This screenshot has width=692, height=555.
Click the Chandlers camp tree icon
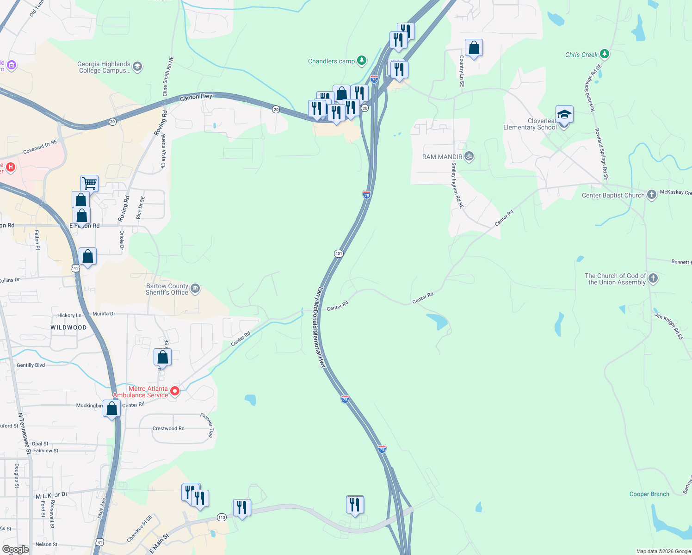pos(362,61)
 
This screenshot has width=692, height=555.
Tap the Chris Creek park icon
pos(604,54)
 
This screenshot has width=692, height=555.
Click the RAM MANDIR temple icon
pos(469,156)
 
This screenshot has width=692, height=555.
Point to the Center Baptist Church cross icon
pos(651,195)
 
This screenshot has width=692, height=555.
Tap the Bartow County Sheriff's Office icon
pos(195,289)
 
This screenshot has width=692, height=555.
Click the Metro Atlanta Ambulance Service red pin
pos(175,391)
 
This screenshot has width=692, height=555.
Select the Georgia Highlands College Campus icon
pos(137,67)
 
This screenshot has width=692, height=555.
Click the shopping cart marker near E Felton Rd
pos(89,183)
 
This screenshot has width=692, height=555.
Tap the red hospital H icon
pos(11,167)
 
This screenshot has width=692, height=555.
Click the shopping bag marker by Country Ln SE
pos(474,48)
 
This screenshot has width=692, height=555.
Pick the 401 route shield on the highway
pos(339,253)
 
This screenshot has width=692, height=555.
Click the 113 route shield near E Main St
pos(222,517)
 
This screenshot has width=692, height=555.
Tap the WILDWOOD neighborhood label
pos(68,327)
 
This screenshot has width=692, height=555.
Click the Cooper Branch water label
pos(649,494)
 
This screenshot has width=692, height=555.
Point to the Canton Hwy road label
pos(196,97)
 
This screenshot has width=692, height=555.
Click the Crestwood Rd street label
pos(168,428)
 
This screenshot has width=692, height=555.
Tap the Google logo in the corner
pos(15,549)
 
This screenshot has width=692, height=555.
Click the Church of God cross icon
pos(653,278)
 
